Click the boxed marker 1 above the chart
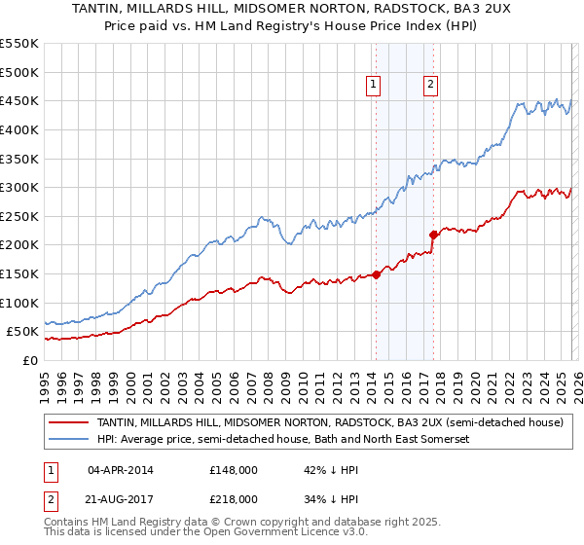coord(374,86)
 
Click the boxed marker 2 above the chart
coord(429,86)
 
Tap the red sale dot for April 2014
coord(376,274)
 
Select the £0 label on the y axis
coord(30,360)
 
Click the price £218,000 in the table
coord(234,499)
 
